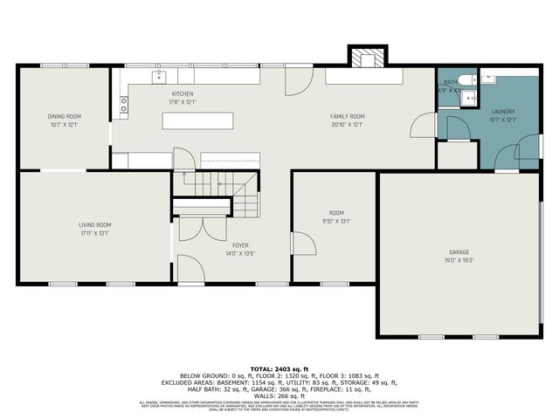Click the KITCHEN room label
click(183, 93)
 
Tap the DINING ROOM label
click(64, 116)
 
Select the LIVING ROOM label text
click(95, 224)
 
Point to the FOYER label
click(241, 245)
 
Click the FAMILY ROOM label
click(347, 116)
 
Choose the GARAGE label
click(459, 252)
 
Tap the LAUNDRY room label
click(503, 112)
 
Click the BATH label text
click(449, 82)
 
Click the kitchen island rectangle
click(197, 120)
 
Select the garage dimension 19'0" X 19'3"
click(459, 260)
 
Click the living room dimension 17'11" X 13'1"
click(95, 232)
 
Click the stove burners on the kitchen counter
click(124, 105)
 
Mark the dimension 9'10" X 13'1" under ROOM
click(336, 221)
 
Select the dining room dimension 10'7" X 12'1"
click(64, 124)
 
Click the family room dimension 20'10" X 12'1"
click(347, 124)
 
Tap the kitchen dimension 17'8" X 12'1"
click(183, 101)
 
